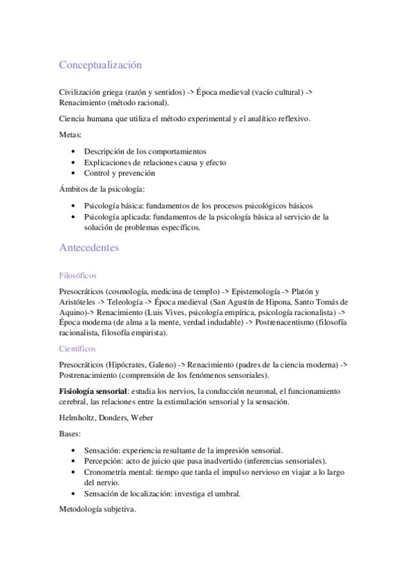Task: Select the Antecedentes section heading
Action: pos(89,247)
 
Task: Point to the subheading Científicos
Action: pos(77,349)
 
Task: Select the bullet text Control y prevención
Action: pos(119,173)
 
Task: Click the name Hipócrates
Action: pos(131,364)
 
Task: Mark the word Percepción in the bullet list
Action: pos(104,461)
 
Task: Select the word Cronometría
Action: pos(107,472)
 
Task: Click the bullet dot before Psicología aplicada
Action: pos(74,217)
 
